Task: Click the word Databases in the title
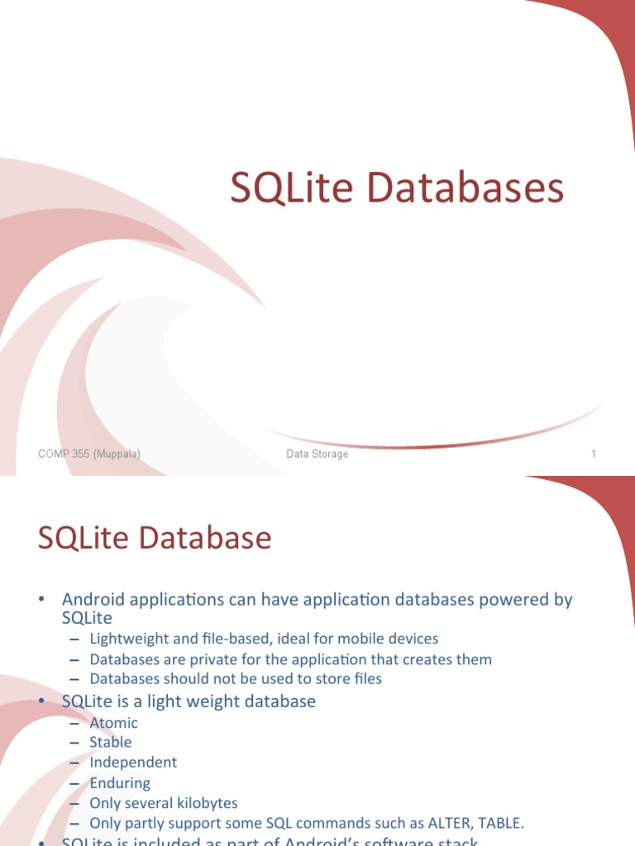[466, 188]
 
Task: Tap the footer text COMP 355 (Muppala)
[89, 454]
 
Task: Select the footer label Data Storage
[317, 454]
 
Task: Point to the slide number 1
[594, 454]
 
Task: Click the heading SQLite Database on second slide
[155, 538]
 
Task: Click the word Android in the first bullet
[93, 600]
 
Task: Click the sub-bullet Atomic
[114, 723]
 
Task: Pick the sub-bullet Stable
[111, 743]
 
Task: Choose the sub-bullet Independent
[133, 763]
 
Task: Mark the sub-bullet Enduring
[120, 782]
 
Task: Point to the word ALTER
[426, 823]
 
